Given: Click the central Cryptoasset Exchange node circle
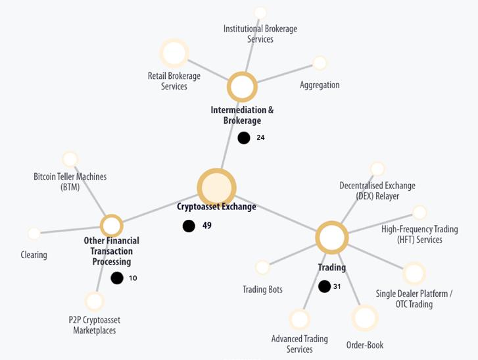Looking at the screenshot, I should click(217, 188).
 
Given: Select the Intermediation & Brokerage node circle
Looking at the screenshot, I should click(242, 87).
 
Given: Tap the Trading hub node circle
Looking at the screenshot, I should click(331, 238).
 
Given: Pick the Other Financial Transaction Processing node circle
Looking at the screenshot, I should click(112, 226).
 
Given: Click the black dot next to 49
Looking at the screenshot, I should click(189, 226).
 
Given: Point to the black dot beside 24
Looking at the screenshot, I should click(244, 138).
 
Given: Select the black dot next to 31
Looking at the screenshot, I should click(324, 286).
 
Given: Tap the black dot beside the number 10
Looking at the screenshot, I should click(117, 278).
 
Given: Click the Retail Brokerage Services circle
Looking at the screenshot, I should click(174, 53).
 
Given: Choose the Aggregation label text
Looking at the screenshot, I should click(320, 85).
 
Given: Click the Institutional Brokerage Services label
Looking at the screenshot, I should click(260, 34).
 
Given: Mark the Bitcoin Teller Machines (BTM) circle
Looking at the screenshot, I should click(70, 159).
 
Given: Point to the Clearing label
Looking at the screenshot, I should click(34, 255).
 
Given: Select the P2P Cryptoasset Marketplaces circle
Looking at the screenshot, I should click(95, 301).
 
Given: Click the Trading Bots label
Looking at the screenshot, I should click(262, 290).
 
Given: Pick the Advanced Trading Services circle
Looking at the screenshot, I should click(299, 320).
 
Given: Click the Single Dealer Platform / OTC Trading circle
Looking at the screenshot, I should click(414, 273).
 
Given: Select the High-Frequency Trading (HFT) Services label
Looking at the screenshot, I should click(412, 234).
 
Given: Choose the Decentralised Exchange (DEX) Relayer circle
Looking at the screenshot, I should click(377, 169).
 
